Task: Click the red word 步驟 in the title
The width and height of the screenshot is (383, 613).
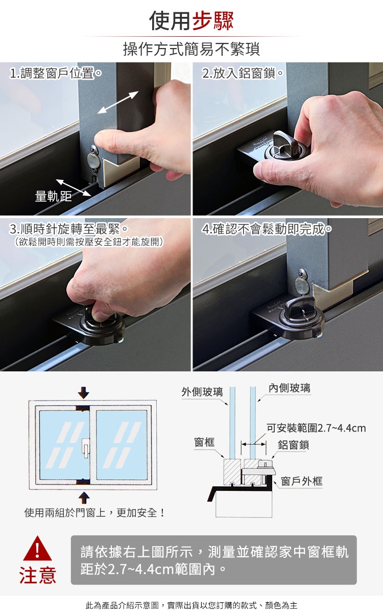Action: (x=213, y=21)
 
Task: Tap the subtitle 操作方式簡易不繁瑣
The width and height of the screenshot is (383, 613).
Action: (x=192, y=49)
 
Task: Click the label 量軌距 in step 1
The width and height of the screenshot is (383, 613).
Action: (x=53, y=196)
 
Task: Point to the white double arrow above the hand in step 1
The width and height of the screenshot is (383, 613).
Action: (x=118, y=102)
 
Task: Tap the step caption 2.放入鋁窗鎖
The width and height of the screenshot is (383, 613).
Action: (x=243, y=73)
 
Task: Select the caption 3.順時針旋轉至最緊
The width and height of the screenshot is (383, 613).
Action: (x=68, y=229)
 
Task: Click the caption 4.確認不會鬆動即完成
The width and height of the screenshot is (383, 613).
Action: (x=267, y=229)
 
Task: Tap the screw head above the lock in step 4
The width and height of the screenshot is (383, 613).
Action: (x=302, y=273)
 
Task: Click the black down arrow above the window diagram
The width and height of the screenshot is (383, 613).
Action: (x=84, y=392)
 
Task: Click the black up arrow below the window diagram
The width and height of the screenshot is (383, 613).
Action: (x=84, y=498)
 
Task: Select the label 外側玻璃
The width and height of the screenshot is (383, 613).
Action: (x=202, y=392)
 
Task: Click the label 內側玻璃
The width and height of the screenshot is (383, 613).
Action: (x=290, y=388)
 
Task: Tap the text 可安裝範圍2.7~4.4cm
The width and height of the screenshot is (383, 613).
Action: (x=316, y=428)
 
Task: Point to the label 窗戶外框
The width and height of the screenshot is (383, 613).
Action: (x=302, y=481)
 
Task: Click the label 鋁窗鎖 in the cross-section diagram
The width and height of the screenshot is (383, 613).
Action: (x=293, y=445)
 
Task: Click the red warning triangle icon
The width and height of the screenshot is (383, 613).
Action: (x=37, y=549)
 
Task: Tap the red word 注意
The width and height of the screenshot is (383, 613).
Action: (x=38, y=575)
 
